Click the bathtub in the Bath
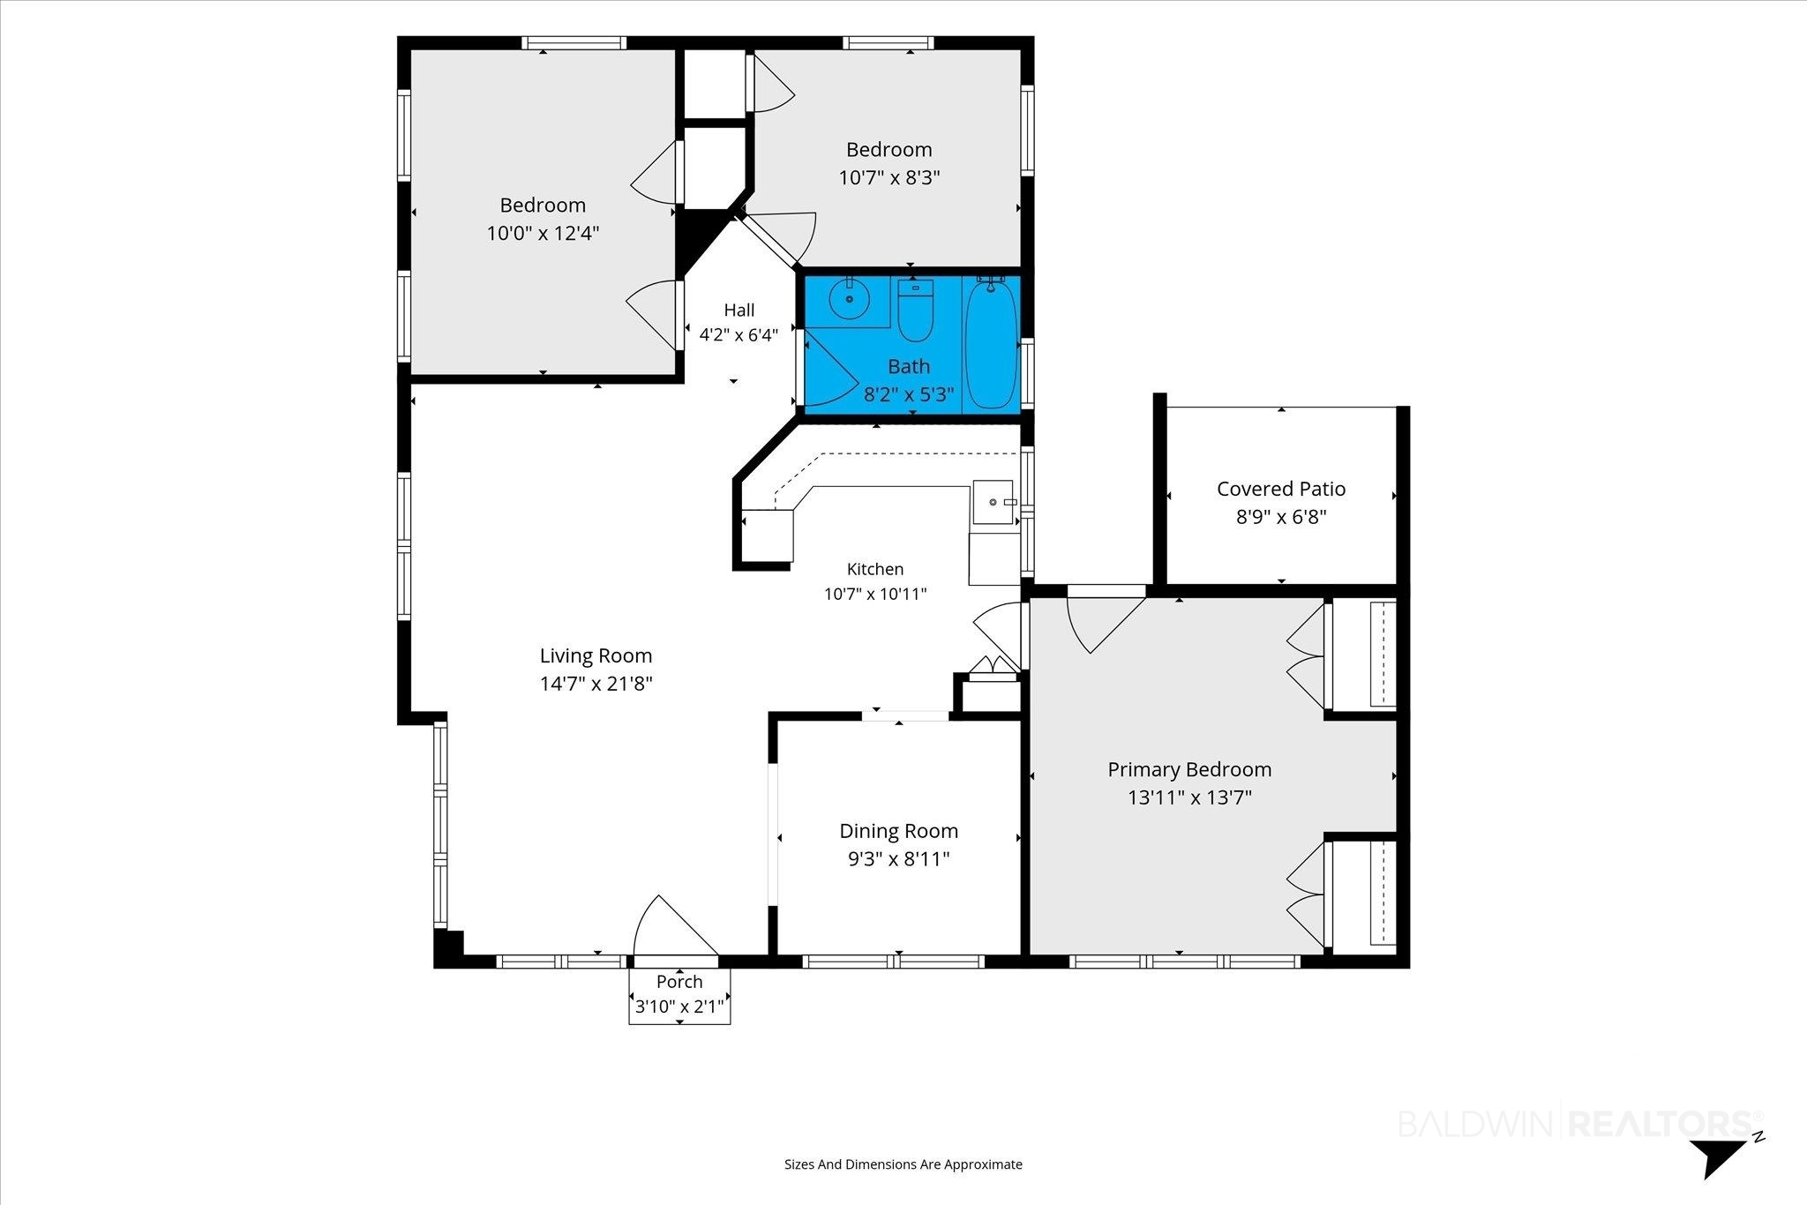[992, 343]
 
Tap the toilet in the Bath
[915, 310]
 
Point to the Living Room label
[596, 655]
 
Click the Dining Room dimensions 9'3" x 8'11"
[899, 858]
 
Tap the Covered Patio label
[1281, 489]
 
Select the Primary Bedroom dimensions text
[1190, 797]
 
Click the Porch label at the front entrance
[679, 982]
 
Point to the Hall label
[739, 310]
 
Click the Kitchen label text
[875, 569]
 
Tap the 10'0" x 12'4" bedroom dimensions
[544, 233]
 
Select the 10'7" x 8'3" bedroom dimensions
[889, 177]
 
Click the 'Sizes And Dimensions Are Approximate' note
[903, 1164]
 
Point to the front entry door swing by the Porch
[671, 926]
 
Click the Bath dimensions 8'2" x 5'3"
[909, 394]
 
